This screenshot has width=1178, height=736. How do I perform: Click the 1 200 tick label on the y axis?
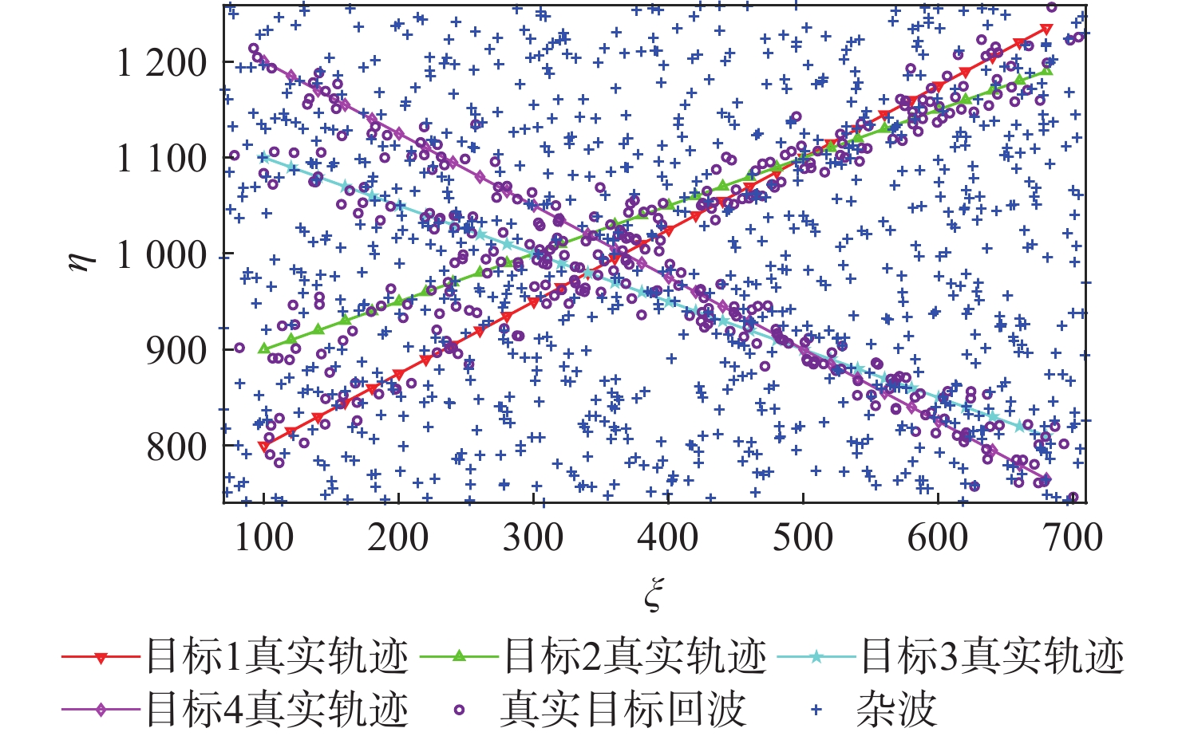pos(162,63)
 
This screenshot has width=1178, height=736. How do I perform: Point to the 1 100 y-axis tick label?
pos(162,159)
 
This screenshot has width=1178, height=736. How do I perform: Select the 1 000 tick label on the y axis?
pos(162,255)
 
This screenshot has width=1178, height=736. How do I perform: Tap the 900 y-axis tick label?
pos(176,350)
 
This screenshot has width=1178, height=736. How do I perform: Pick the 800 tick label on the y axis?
pos(176,447)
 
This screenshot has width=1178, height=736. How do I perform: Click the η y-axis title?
pos(82,255)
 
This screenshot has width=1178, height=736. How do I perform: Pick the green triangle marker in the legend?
pos(459,656)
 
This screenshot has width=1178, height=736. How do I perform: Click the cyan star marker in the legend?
pos(816,657)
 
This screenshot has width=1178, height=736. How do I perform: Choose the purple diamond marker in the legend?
pos(101,709)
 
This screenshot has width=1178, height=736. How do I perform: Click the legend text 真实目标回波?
pos(623,709)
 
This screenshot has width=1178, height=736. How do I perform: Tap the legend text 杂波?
pos(896,709)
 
